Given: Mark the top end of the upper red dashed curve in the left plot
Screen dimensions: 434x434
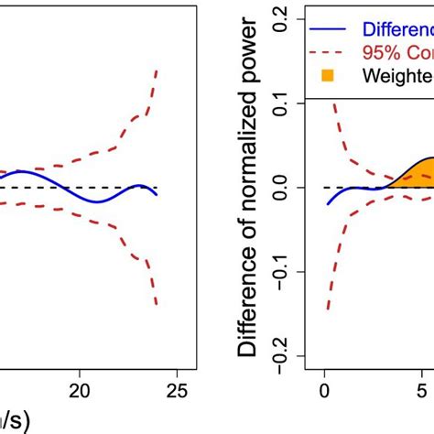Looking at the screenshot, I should pyautogui.click(x=157, y=71).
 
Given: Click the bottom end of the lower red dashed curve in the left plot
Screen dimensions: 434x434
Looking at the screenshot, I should pyautogui.click(x=157, y=304).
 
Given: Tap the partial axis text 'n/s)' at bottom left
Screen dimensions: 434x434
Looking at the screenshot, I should pyautogui.click(x=14, y=420).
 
